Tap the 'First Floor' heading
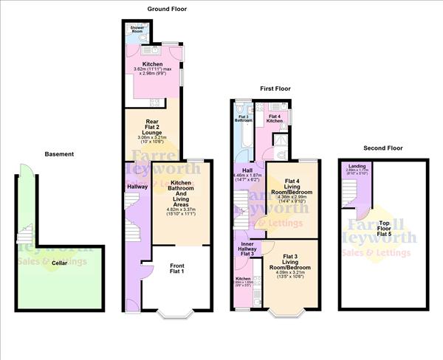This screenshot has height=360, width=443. coord(275,89)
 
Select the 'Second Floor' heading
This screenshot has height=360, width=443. coord(385,148)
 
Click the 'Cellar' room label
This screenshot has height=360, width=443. coord(51,283)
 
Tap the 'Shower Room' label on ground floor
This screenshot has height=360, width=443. coord(137,30)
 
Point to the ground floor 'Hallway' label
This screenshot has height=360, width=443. coord(137,187)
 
